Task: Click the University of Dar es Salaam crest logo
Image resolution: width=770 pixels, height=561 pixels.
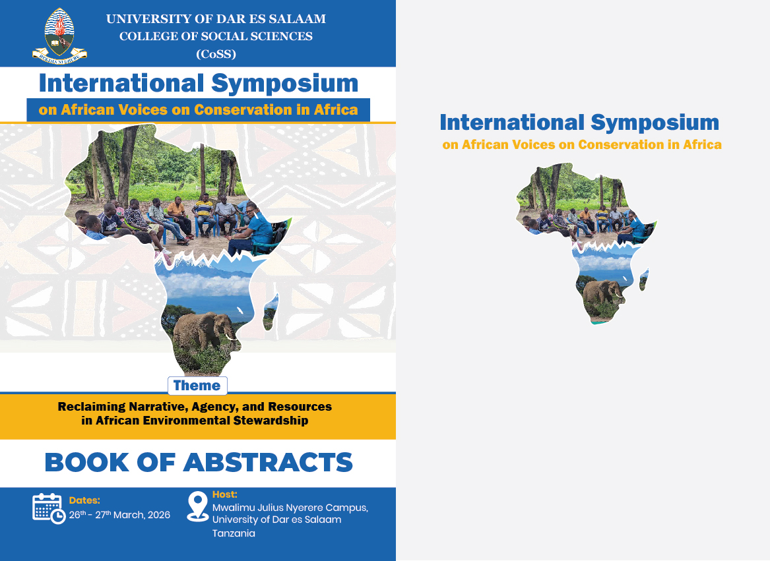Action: (59, 35)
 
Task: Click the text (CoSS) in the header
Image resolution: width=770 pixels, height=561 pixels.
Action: (216, 54)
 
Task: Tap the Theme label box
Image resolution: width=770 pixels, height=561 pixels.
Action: (197, 386)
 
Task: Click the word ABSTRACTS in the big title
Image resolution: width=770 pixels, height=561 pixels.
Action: (268, 462)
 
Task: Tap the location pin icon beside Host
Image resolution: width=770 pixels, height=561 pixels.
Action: (197, 506)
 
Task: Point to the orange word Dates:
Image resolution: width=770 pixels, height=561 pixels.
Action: (84, 500)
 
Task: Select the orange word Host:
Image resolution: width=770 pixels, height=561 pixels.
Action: (225, 494)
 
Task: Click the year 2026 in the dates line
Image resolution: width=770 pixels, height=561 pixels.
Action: (158, 515)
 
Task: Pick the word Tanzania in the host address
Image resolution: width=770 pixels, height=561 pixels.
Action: (234, 533)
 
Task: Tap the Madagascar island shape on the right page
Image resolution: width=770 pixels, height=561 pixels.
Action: (644, 280)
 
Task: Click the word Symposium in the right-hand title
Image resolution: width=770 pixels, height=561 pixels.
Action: (655, 123)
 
